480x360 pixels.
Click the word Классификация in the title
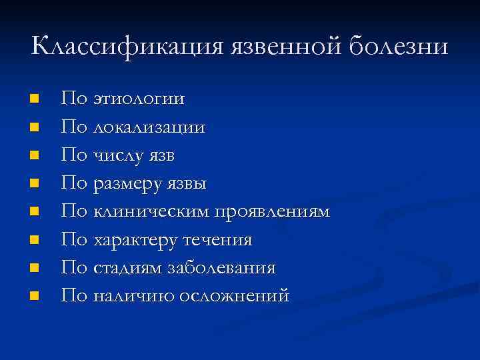click(x=127, y=47)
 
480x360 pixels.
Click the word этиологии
click(x=139, y=99)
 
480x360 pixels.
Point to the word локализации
click(x=149, y=127)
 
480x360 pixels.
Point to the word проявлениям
click(x=272, y=211)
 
